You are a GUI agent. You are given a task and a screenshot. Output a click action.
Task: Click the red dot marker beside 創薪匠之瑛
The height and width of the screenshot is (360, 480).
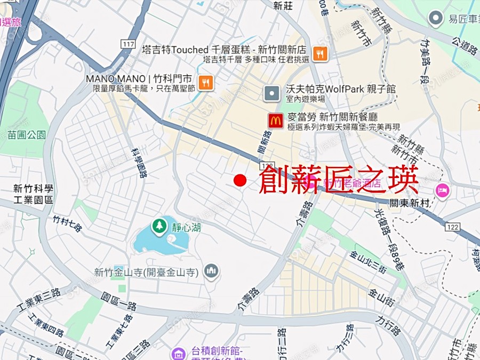pyautogui.click(x=240, y=180)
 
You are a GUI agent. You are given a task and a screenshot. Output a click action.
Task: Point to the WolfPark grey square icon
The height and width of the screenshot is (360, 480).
pyautogui.click(x=272, y=94)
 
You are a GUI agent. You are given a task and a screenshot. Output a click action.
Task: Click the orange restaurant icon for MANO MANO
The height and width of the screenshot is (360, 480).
pyautogui.click(x=205, y=82)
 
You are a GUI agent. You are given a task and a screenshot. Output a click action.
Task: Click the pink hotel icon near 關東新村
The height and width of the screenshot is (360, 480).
pyautogui.click(x=443, y=190)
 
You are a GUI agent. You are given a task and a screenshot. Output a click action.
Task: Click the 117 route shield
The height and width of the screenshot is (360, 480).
pyautogui.click(x=127, y=44)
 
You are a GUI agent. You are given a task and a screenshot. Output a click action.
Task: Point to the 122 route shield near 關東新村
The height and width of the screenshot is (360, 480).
pyautogui.click(x=453, y=227)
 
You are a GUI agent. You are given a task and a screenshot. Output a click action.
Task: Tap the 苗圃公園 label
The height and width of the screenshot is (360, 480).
pyautogui.click(x=24, y=134)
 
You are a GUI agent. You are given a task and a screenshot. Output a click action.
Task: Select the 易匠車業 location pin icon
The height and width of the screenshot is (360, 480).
pyautogui.click(x=436, y=19)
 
